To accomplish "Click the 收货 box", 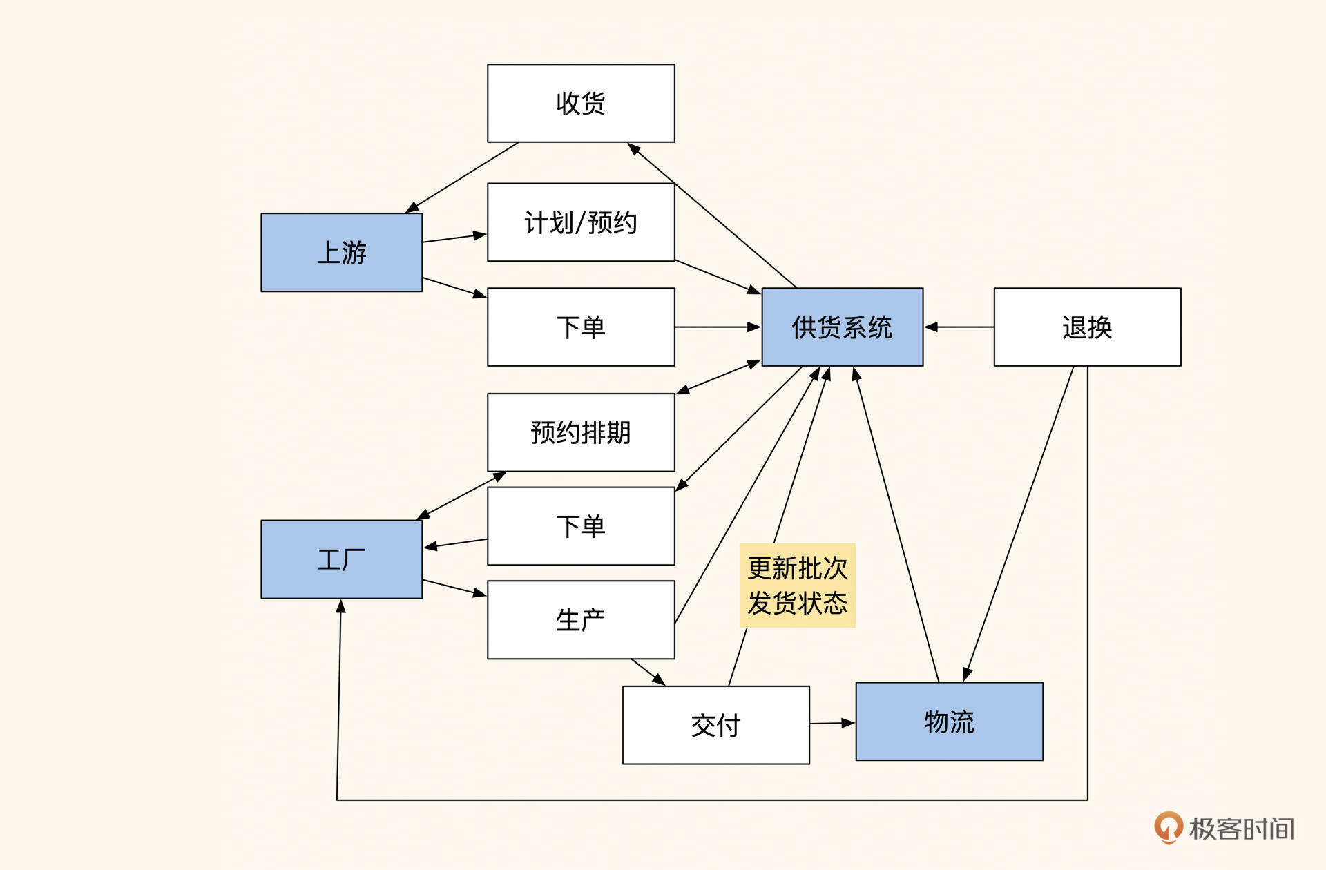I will [x=581, y=104].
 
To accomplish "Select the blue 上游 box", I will [x=341, y=253].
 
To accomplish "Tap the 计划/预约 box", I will [x=581, y=222].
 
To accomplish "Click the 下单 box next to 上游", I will [x=581, y=327].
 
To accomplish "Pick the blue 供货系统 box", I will [x=842, y=327].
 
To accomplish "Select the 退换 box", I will [x=1087, y=327].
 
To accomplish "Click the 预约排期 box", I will [x=581, y=433].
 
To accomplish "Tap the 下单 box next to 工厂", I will [x=581, y=526].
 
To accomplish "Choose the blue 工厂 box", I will [x=341, y=559].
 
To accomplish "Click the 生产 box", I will [x=581, y=620].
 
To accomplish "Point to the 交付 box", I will [x=715, y=725].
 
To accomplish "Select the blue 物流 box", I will [x=949, y=722].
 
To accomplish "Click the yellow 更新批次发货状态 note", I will [x=797, y=586].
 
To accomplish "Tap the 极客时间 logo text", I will [x=1241, y=829].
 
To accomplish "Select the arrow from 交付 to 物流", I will [x=832, y=724].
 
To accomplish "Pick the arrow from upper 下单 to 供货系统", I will [x=718, y=327].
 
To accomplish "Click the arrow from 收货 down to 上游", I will [x=463, y=177].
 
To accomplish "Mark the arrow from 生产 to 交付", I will [x=648, y=672].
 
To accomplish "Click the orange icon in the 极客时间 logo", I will [x=1168, y=827].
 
